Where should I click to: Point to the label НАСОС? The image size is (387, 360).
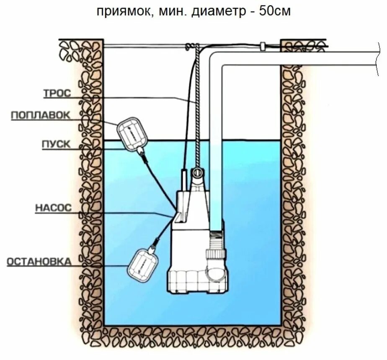point(54,208)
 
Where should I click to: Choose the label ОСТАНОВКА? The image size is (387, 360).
point(39,261)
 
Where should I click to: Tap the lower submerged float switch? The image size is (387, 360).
point(143,264)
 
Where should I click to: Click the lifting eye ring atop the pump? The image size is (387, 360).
point(196,173)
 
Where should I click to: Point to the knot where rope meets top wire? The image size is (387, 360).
point(192,47)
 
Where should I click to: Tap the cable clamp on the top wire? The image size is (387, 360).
point(263,46)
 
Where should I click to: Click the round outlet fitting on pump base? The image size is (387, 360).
point(216,273)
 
